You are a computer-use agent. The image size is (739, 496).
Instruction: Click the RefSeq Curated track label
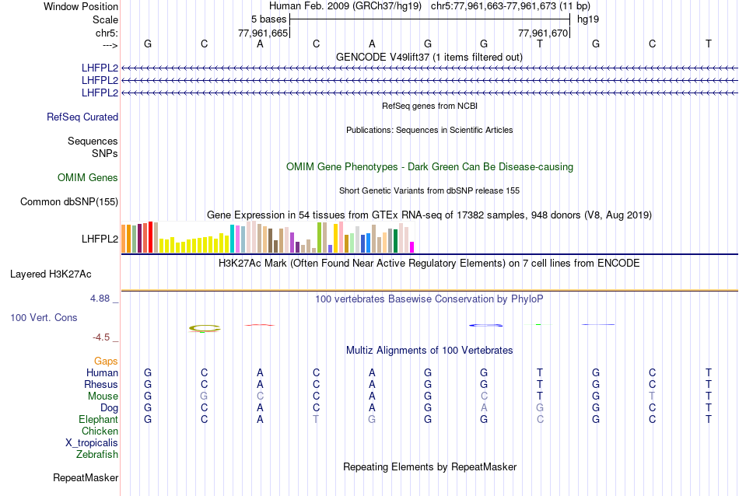click(82, 117)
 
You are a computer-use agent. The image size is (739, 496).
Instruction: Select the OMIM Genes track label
click(88, 178)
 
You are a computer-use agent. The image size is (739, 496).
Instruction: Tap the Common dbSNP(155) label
click(69, 202)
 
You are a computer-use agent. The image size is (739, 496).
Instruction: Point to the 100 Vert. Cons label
click(44, 318)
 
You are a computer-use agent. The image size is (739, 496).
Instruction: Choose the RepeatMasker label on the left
click(86, 477)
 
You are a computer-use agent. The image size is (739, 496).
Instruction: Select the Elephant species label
click(98, 420)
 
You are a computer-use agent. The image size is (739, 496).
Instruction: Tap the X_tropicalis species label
click(92, 443)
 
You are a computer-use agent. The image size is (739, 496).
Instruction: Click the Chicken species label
click(100, 431)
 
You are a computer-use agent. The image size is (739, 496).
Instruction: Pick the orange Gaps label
click(106, 362)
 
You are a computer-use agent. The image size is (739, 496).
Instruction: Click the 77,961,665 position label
click(263, 33)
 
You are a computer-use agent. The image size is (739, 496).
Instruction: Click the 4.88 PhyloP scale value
click(102, 298)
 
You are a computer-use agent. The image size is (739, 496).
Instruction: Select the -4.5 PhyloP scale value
click(101, 337)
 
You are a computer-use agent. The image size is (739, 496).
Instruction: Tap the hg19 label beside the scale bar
click(587, 19)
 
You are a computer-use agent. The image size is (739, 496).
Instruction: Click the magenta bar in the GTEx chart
click(412, 247)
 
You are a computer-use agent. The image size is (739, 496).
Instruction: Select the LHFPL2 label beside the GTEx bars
click(100, 239)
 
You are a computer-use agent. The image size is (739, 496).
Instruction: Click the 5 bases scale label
click(268, 19)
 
